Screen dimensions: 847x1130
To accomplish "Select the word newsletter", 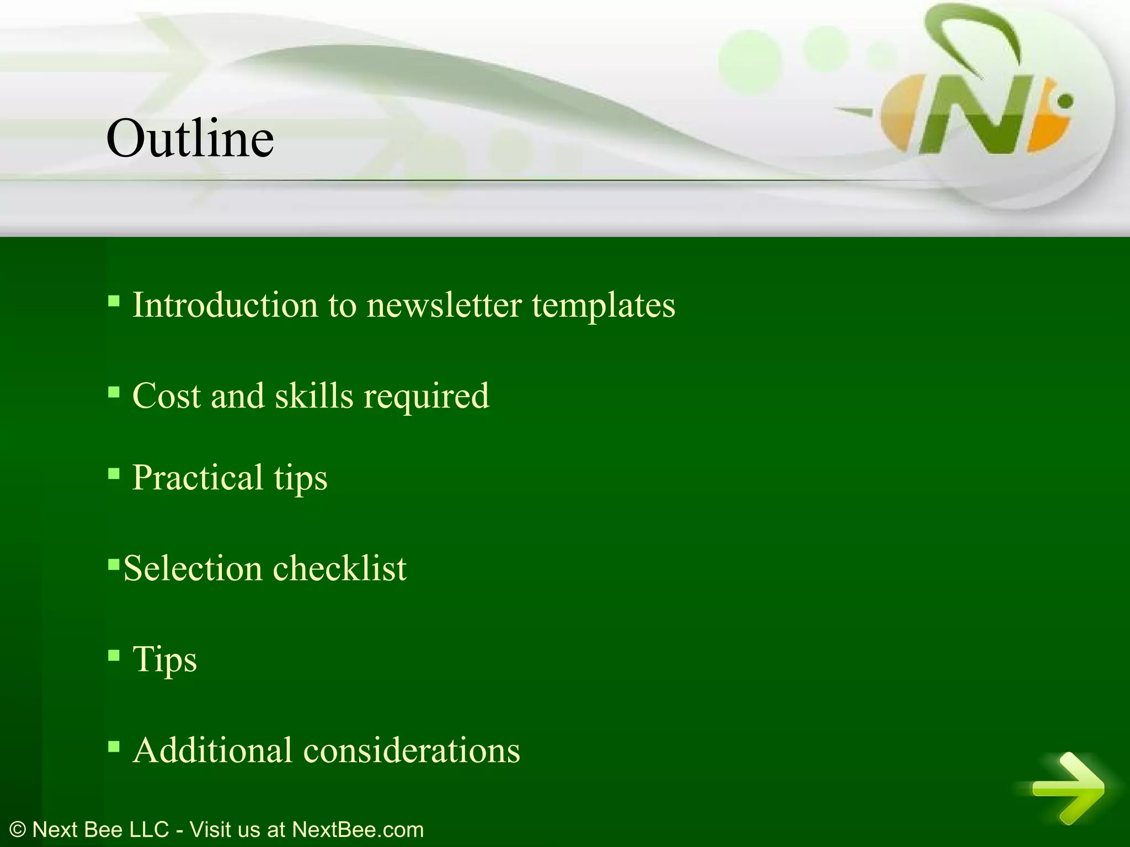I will click(444, 305).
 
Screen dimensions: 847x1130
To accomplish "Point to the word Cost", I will click(167, 396).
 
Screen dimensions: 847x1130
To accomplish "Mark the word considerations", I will click(412, 750).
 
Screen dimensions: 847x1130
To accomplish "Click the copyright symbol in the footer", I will click(18, 829).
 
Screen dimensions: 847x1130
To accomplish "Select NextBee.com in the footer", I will click(358, 829).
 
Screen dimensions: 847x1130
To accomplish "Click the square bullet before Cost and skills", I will click(114, 393).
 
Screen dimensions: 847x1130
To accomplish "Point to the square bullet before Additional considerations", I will click(114, 747).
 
